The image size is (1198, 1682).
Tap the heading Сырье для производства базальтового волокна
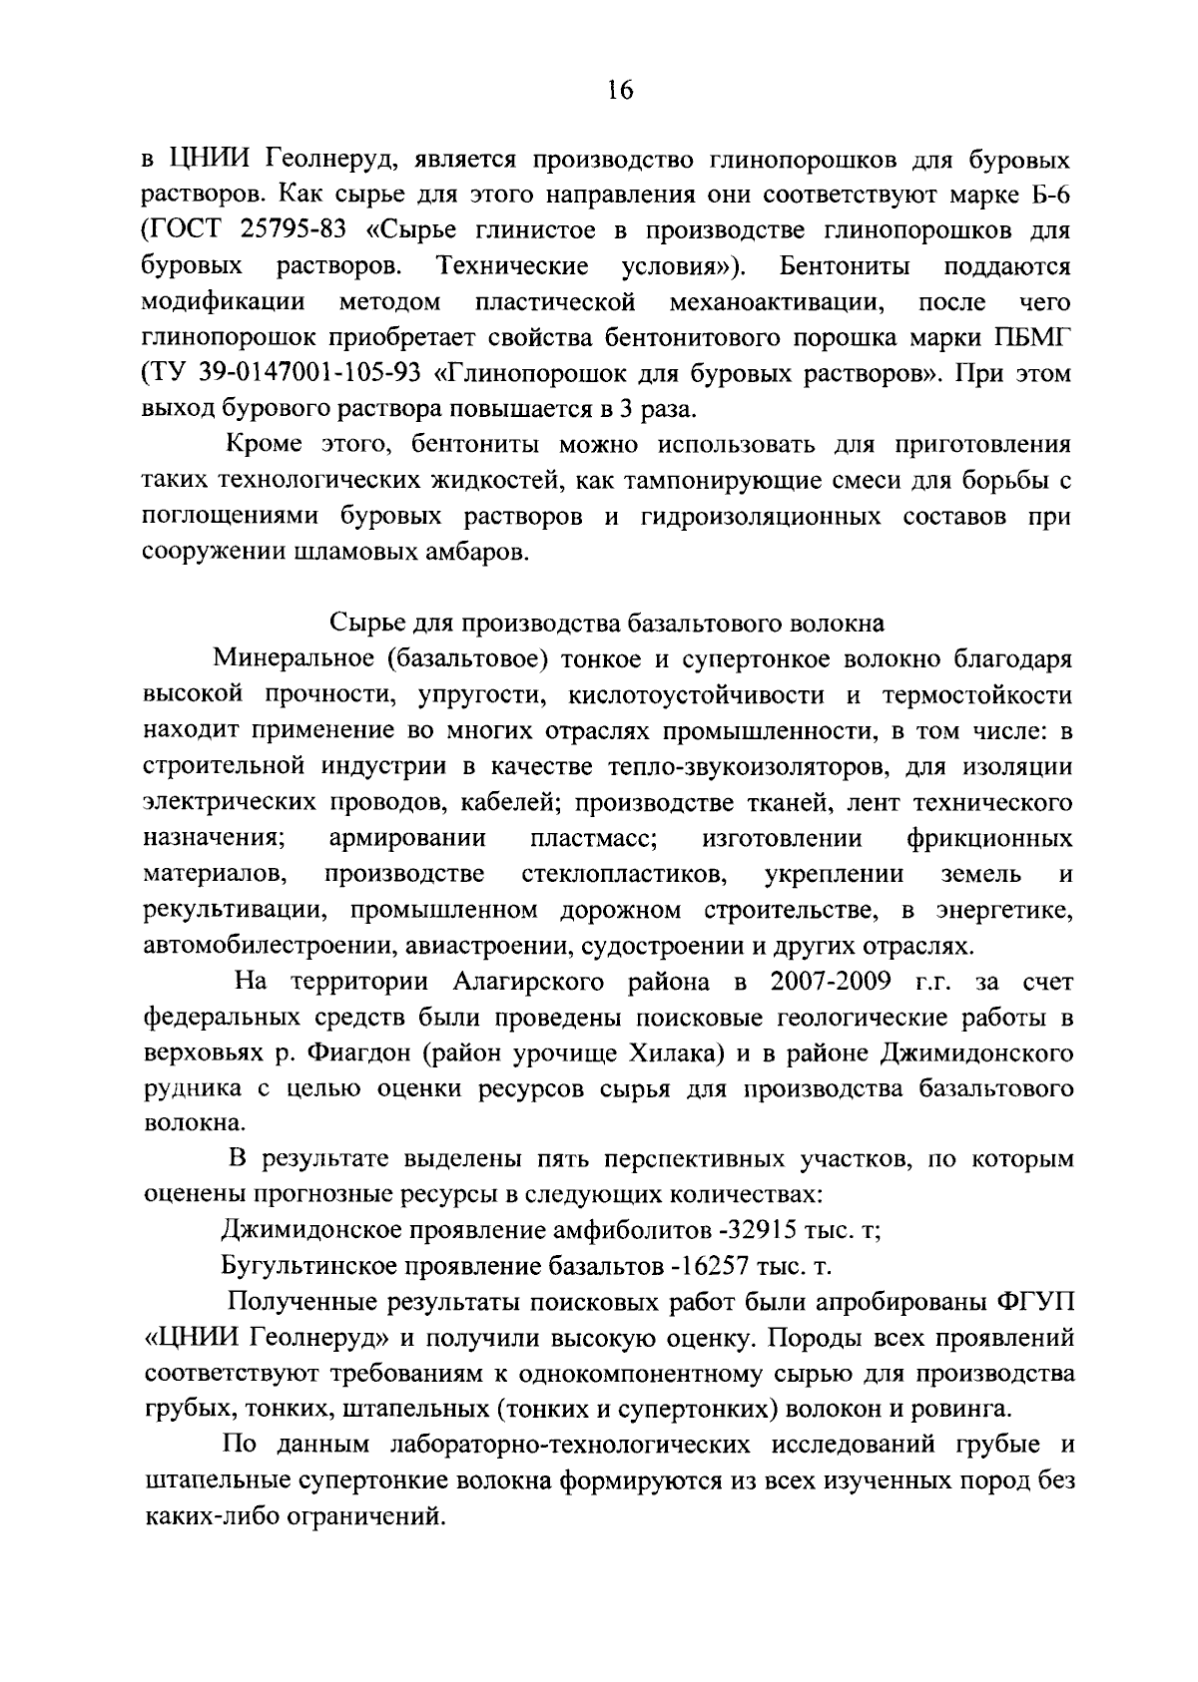(607, 624)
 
